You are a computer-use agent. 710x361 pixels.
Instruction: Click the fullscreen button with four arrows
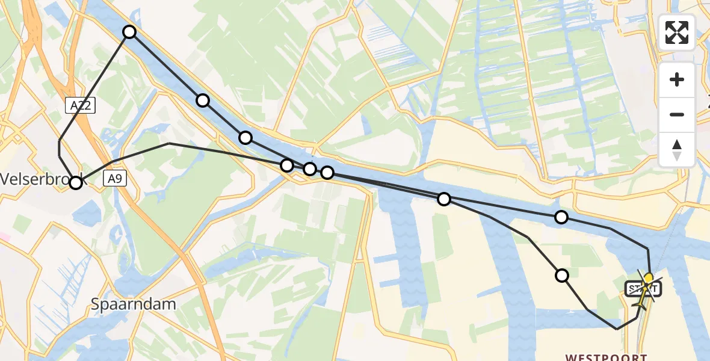pyautogui.click(x=677, y=32)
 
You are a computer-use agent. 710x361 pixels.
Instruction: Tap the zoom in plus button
pyautogui.click(x=677, y=79)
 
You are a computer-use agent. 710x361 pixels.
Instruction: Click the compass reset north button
pyautogui.click(x=677, y=149)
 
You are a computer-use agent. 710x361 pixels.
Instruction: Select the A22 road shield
pyautogui.click(x=80, y=106)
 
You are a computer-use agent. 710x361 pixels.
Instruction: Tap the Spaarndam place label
pyautogui.click(x=134, y=304)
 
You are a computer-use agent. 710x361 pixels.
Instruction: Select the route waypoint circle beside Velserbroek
pyautogui.click(x=76, y=182)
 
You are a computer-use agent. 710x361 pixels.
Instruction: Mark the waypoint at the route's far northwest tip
pyautogui.click(x=129, y=32)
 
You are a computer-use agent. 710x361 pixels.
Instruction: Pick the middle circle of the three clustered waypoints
pyautogui.click(x=310, y=169)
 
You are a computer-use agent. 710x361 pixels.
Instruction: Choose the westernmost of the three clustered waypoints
pyautogui.click(x=287, y=165)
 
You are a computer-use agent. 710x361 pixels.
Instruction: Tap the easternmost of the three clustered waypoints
pyautogui.click(x=327, y=173)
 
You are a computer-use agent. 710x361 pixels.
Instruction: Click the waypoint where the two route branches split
pyautogui.click(x=444, y=199)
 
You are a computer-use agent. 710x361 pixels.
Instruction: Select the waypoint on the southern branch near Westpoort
pyautogui.click(x=562, y=276)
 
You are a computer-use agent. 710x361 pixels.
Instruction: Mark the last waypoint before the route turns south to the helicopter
pyautogui.click(x=561, y=217)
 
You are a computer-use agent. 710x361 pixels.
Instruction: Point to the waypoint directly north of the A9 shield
pyautogui.click(x=129, y=32)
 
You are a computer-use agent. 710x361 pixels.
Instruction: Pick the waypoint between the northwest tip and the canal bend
pyautogui.click(x=203, y=100)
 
